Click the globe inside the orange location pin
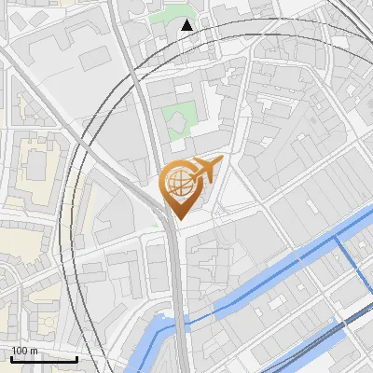tap(178, 184)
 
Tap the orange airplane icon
tap(203, 171)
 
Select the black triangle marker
tap(187, 25)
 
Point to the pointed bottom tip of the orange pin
tap(178, 218)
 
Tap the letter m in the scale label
tap(34, 351)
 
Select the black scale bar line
tap(44, 359)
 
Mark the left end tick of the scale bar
tap(11, 357)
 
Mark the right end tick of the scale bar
tap(76, 357)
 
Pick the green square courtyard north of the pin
tap(180, 119)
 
